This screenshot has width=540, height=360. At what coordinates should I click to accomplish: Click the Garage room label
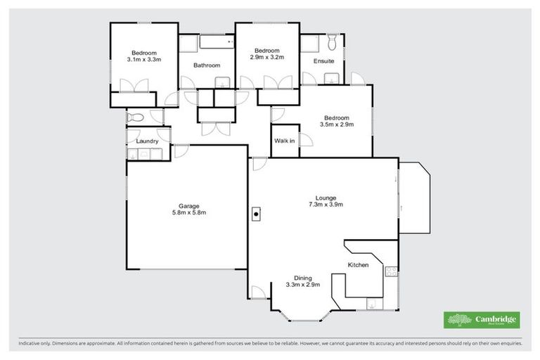tap(188, 205)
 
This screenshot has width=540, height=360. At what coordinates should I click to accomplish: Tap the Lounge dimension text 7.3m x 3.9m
tap(326, 205)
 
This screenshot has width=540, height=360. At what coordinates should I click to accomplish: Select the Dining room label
tap(303, 277)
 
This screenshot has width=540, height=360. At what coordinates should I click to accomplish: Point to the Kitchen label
tap(358, 265)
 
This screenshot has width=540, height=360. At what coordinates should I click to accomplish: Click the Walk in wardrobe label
tap(284, 141)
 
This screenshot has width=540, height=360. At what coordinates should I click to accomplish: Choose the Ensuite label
tap(323, 61)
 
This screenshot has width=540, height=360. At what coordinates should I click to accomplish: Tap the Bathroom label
tap(207, 65)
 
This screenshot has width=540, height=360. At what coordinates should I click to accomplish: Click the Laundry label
tap(147, 141)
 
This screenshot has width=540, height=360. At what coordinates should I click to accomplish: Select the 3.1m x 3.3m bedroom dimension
tap(144, 60)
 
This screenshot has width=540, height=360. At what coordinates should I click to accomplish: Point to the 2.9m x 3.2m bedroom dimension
tap(268, 58)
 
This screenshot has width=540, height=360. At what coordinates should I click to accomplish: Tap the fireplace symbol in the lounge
tap(257, 214)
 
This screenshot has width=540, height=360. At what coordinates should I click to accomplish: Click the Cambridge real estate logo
tap(482, 320)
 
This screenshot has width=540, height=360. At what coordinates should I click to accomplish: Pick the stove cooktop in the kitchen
tap(391, 271)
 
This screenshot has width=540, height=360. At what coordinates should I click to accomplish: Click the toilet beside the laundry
tap(136, 117)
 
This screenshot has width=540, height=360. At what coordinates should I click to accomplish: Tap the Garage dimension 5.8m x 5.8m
tap(188, 213)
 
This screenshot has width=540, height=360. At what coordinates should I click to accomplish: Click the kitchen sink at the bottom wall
tap(371, 303)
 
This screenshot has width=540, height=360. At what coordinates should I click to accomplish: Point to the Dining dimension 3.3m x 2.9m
tap(303, 285)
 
